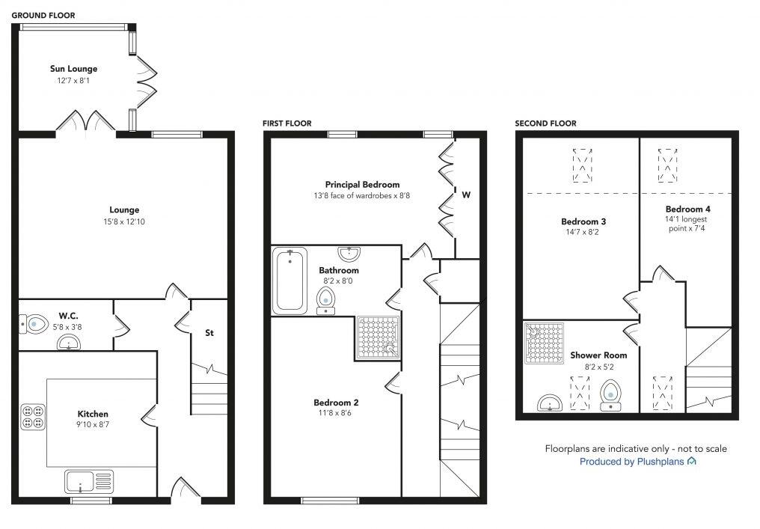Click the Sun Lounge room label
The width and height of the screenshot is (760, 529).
click(x=73, y=69)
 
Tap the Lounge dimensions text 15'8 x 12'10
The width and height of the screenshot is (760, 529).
click(x=124, y=221)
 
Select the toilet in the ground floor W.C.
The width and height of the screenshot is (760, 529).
click(x=34, y=324)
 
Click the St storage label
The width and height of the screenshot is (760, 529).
click(x=209, y=333)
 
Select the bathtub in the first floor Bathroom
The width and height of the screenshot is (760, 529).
click(x=289, y=281)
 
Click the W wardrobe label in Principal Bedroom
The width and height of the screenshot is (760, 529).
click(x=465, y=195)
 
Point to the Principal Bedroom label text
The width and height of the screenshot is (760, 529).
click(x=362, y=184)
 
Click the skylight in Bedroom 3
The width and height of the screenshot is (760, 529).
click(x=581, y=165)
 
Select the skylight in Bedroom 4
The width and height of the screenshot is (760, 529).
click(x=668, y=165)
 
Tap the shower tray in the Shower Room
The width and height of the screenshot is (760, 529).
click(x=542, y=343)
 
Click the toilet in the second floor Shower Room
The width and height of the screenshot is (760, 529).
click(x=612, y=393)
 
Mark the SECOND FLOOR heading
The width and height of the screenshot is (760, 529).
click(x=545, y=123)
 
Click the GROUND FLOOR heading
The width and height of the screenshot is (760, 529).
click(x=43, y=15)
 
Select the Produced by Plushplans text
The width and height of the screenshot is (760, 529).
click(x=637, y=462)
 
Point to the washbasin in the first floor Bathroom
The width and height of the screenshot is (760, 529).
click(x=349, y=254)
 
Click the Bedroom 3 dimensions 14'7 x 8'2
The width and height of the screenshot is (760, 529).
click(x=583, y=233)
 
